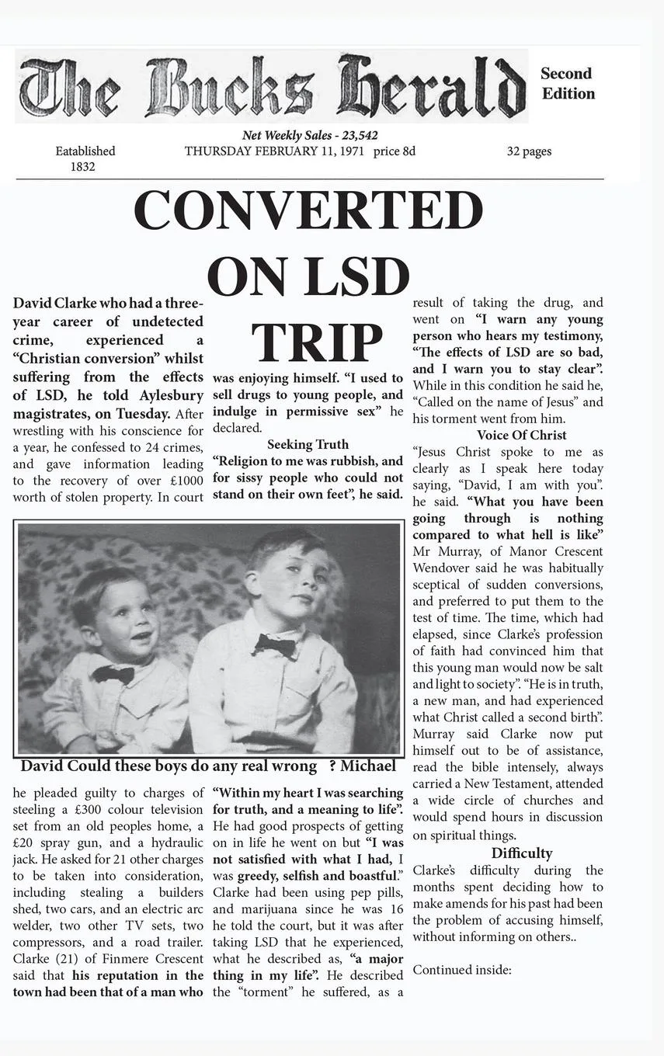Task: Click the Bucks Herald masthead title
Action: tap(271, 86)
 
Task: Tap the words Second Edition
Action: tap(568, 84)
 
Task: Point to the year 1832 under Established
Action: tap(82, 166)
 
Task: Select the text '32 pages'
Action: tap(529, 151)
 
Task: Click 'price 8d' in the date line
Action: tap(394, 151)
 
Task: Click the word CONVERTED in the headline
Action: tap(308, 210)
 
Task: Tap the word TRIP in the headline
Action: tap(317, 342)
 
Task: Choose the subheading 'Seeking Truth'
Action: tap(308, 444)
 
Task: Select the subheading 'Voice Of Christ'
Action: tap(521, 435)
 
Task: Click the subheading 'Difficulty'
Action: tap(521, 853)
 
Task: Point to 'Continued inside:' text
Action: tap(461, 970)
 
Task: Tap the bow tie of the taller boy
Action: tap(275, 644)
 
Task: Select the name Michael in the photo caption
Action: tap(367, 766)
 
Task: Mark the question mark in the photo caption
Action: tap(332, 766)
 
